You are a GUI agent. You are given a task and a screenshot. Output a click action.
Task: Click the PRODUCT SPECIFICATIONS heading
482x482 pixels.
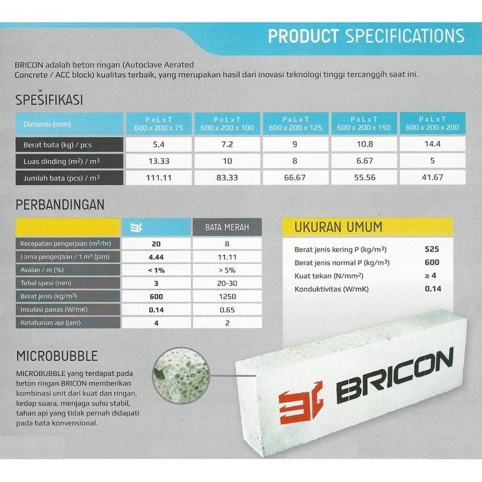pos(365,35)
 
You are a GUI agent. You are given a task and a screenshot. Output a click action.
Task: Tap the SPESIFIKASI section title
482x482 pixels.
pos(49,100)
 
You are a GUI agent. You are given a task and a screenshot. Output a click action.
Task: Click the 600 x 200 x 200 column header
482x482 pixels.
pos(432,124)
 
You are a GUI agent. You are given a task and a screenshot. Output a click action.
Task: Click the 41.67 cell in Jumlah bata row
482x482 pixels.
pos(432,178)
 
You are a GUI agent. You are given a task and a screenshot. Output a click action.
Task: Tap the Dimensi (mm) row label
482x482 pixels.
pos(41,124)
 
